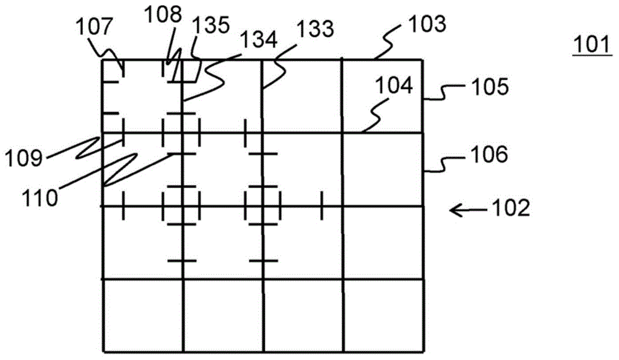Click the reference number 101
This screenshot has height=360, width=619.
[x=592, y=45]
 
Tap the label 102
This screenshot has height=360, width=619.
[x=511, y=208]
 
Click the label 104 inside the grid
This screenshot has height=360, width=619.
[x=394, y=85]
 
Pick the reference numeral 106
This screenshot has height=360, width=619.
[x=489, y=154]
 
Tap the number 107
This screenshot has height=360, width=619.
[x=95, y=28]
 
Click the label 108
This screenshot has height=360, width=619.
[x=163, y=15]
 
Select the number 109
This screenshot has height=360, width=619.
[x=24, y=159]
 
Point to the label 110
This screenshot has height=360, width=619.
[x=40, y=197]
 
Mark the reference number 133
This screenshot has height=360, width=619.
[x=315, y=29]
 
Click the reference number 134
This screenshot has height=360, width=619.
[x=259, y=40]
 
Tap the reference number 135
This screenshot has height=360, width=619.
[x=210, y=25]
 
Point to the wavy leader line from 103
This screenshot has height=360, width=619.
[x=390, y=42]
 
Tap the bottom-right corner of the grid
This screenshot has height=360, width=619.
[x=425, y=351]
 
